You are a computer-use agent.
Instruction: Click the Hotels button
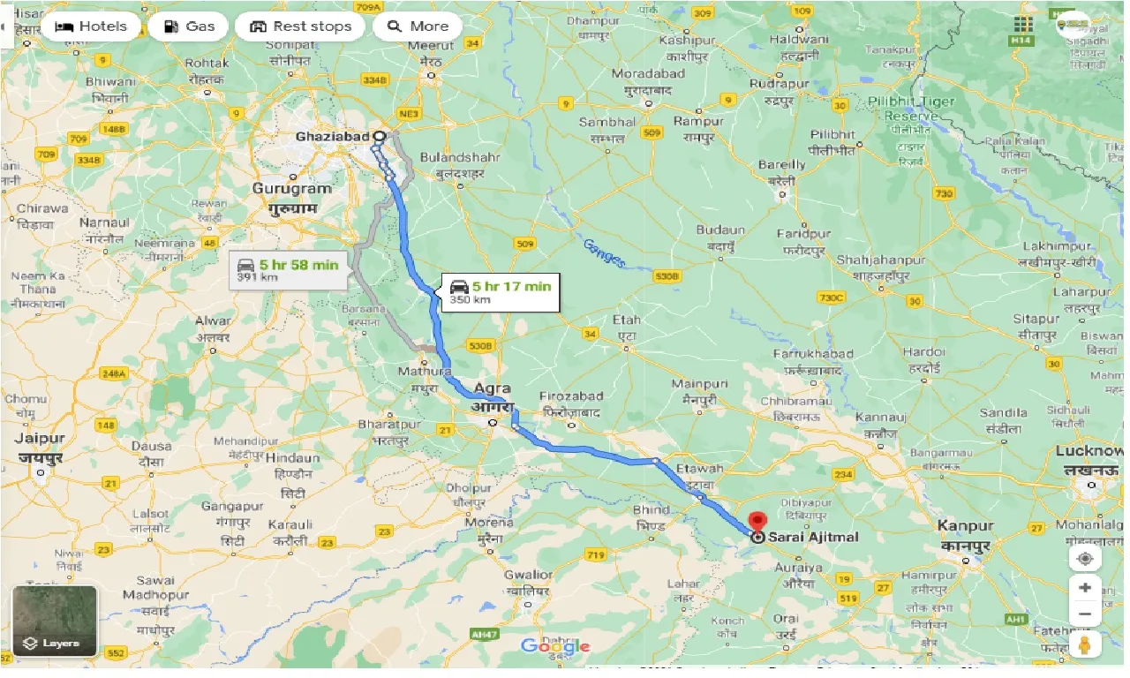90,26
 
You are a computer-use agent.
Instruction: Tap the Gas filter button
188,26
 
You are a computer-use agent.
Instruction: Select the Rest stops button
300,26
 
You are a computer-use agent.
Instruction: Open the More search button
417,26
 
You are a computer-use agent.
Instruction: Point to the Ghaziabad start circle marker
380,137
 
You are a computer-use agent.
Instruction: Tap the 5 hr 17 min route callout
500,291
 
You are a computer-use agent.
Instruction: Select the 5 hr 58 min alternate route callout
288,269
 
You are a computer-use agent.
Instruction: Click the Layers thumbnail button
55,621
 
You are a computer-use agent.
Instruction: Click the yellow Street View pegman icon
1084,644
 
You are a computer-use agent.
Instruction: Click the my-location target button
1084,559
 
